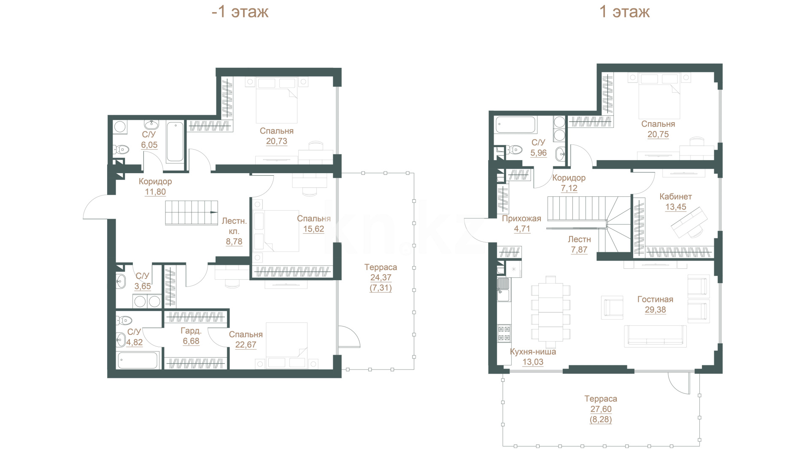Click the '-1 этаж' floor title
point(240,12)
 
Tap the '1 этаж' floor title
point(624,12)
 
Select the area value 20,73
point(277,142)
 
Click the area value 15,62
point(314,229)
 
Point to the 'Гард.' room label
point(191,331)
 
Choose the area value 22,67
point(246,345)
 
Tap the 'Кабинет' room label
point(676,197)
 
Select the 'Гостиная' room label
point(655,300)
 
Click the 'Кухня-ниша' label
point(533,352)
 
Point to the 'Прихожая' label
point(521,219)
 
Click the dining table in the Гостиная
point(551,309)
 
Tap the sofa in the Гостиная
point(656,336)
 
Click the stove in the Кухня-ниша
point(504,333)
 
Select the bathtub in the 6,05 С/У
point(175,142)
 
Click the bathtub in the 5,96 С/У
point(516,125)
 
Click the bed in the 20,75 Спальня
point(659,96)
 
